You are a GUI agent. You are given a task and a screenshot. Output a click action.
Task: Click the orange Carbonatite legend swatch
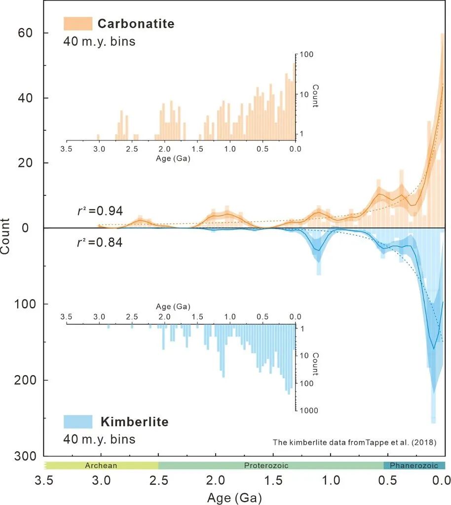[x=78, y=24]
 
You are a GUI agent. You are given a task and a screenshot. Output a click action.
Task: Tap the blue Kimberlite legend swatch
[x=78, y=421]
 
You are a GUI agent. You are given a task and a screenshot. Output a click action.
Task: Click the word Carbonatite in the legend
[x=136, y=24]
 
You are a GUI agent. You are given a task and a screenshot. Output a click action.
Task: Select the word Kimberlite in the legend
[x=134, y=422]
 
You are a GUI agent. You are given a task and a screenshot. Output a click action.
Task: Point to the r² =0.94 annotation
[x=98, y=211]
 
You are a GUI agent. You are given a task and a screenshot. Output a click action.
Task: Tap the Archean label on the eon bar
[x=101, y=465]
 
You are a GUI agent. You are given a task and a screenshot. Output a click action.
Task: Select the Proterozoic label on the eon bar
[x=266, y=465]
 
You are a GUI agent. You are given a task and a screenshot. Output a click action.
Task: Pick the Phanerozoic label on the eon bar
[x=414, y=465]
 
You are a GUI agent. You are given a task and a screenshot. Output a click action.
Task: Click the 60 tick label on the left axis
[x=26, y=33]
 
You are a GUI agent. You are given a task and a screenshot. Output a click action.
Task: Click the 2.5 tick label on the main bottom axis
[x=158, y=480]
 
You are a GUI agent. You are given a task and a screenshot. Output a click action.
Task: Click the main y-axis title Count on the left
[x=6, y=236]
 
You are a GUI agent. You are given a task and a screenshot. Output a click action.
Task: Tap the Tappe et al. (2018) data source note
[x=354, y=442]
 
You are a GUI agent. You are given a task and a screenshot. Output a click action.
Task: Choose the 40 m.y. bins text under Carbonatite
[x=99, y=41]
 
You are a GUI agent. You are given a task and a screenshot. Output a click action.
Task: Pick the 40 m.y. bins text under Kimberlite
[x=99, y=439]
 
